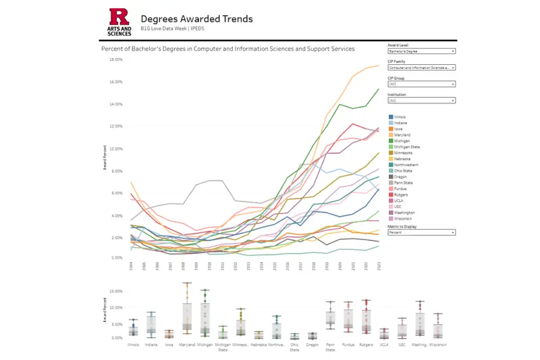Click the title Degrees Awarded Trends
click(x=196, y=19)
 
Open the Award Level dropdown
click(x=422, y=51)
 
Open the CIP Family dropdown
click(x=422, y=68)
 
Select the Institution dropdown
click(x=422, y=101)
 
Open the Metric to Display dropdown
click(x=422, y=232)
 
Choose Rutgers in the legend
click(x=400, y=195)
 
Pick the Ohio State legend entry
click(x=402, y=170)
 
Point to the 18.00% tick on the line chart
click(x=115, y=59)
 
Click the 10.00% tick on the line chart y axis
click(x=115, y=149)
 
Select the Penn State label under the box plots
click(x=330, y=346)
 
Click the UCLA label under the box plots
click(x=384, y=344)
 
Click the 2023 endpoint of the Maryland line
click(x=378, y=66)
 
